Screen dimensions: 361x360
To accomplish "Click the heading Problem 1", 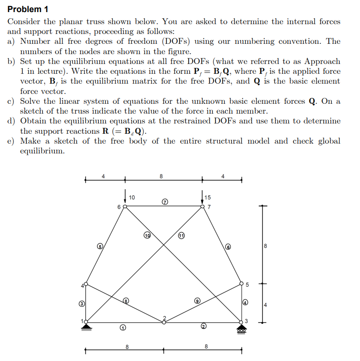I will (x=28, y=9).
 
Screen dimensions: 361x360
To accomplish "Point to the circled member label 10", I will (x=147, y=234).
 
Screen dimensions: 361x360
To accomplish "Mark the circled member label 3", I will (x=82, y=304).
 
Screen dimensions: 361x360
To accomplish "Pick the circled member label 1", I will (x=122, y=329).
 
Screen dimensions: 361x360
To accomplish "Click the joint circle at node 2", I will (x=164, y=322).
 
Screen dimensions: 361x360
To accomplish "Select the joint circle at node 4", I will (x=86, y=284).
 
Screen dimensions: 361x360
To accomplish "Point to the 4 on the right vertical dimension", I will (x=266, y=305).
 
